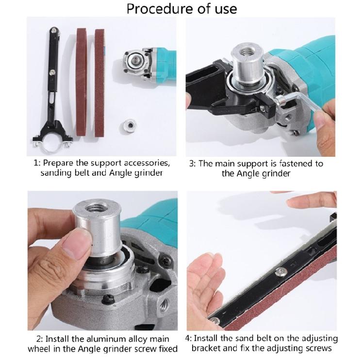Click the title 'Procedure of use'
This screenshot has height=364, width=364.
(x=182, y=9)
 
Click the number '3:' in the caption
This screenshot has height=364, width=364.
(x=193, y=163)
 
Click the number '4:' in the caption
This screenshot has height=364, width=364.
(x=193, y=338)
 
